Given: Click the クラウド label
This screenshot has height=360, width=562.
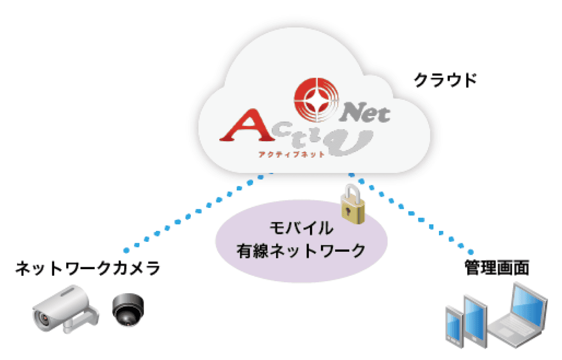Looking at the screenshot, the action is pyautogui.click(x=445, y=80).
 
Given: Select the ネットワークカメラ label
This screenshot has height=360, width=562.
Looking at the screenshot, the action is pyautogui.click(x=88, y=268).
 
